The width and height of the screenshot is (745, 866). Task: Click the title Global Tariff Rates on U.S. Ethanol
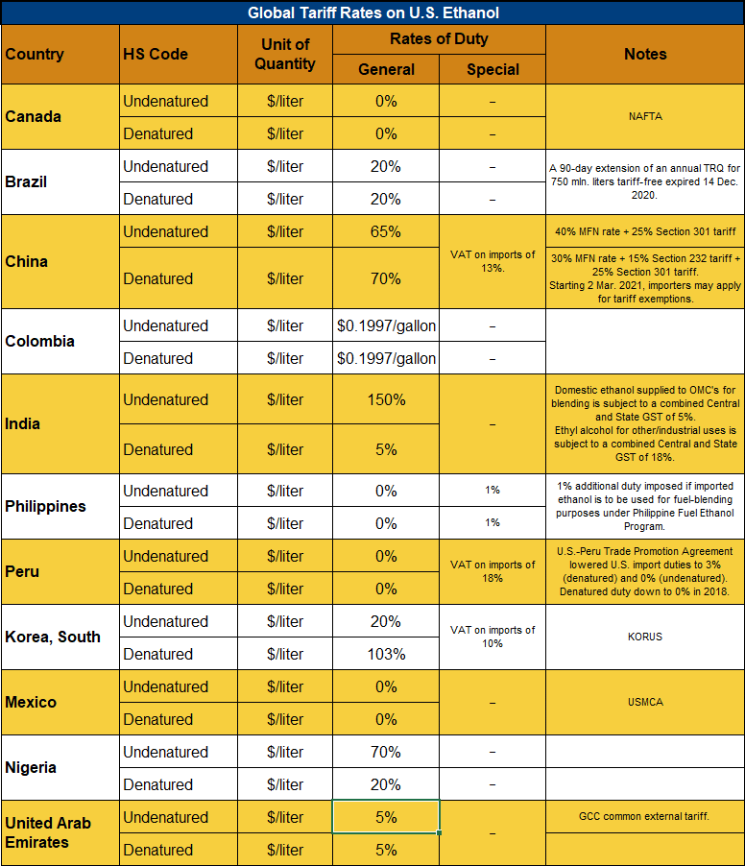372,12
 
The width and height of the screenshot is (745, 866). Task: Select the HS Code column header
156,54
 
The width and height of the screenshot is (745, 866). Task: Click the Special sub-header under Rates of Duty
493,69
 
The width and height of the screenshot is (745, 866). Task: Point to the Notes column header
645,54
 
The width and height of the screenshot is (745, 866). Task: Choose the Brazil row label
26,181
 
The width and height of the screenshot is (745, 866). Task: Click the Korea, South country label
53,637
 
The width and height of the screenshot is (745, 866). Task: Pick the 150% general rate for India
386,399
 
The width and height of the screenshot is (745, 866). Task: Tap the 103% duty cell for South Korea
386,654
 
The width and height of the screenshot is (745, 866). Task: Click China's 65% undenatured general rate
386,231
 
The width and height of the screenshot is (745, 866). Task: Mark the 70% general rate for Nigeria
386,752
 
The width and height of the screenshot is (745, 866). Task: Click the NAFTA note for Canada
645,116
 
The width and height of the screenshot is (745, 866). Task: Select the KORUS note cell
645,637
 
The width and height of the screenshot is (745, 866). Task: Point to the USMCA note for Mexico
645,702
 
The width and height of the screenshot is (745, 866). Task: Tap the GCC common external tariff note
645,816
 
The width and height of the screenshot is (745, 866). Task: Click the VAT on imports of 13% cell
493,261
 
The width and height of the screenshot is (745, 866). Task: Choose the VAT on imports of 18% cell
493,571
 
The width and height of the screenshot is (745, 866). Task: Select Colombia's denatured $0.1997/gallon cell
386,358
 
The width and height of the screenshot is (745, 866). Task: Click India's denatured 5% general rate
386,449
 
